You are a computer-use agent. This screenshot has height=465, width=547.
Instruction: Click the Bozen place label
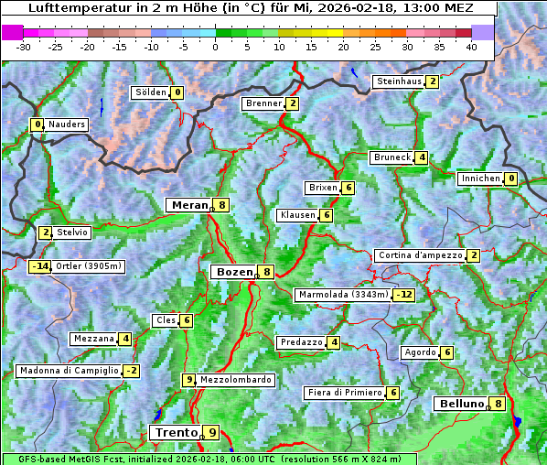tap(233, 272)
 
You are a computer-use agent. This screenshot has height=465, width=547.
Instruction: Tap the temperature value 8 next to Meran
tap(222, 205)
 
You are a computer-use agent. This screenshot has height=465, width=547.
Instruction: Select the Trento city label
tap(177, 432)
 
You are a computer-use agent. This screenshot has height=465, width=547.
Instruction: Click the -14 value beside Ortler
tap(39, 266)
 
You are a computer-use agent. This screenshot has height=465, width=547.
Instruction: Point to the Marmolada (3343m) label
tap(343, 295)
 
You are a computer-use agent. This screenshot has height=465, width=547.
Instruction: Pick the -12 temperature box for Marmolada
tap(403, 295)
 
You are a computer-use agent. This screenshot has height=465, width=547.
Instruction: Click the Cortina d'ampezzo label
tap(419, 255)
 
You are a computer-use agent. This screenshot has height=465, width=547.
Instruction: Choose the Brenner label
tap(263, 103)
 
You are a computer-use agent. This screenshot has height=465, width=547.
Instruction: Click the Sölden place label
tap(151, 92)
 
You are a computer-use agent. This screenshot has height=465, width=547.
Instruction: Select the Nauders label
tap(67, 124)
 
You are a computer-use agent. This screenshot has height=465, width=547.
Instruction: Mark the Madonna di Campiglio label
tap(70, 371)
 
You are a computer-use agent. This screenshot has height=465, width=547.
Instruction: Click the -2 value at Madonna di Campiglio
tap(131, 371)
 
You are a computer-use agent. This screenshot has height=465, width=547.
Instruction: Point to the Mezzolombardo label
tap(235, 380)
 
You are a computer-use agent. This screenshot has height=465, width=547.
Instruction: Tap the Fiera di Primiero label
tap(345, 393)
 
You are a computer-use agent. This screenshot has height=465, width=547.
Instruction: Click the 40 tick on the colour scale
tap(471, 47)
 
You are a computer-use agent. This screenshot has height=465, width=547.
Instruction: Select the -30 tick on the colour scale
tap(24, 47)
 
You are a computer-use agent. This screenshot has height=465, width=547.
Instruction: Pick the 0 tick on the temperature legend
tap(215, 47)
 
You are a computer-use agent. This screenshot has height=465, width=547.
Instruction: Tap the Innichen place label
tap(480, 178)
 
